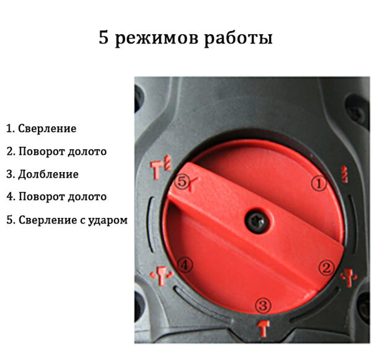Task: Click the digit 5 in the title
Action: (x=104, y=38)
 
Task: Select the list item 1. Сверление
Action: (x=41, y=128)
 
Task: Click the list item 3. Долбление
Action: (x=42, y=174)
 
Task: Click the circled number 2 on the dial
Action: (x=326, y=268)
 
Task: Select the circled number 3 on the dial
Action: (x=263, y=306)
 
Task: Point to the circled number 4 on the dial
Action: (x=185, y=265)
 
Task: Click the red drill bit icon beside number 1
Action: (x=344, y=173)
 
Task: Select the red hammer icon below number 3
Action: (x=264, y=328)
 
